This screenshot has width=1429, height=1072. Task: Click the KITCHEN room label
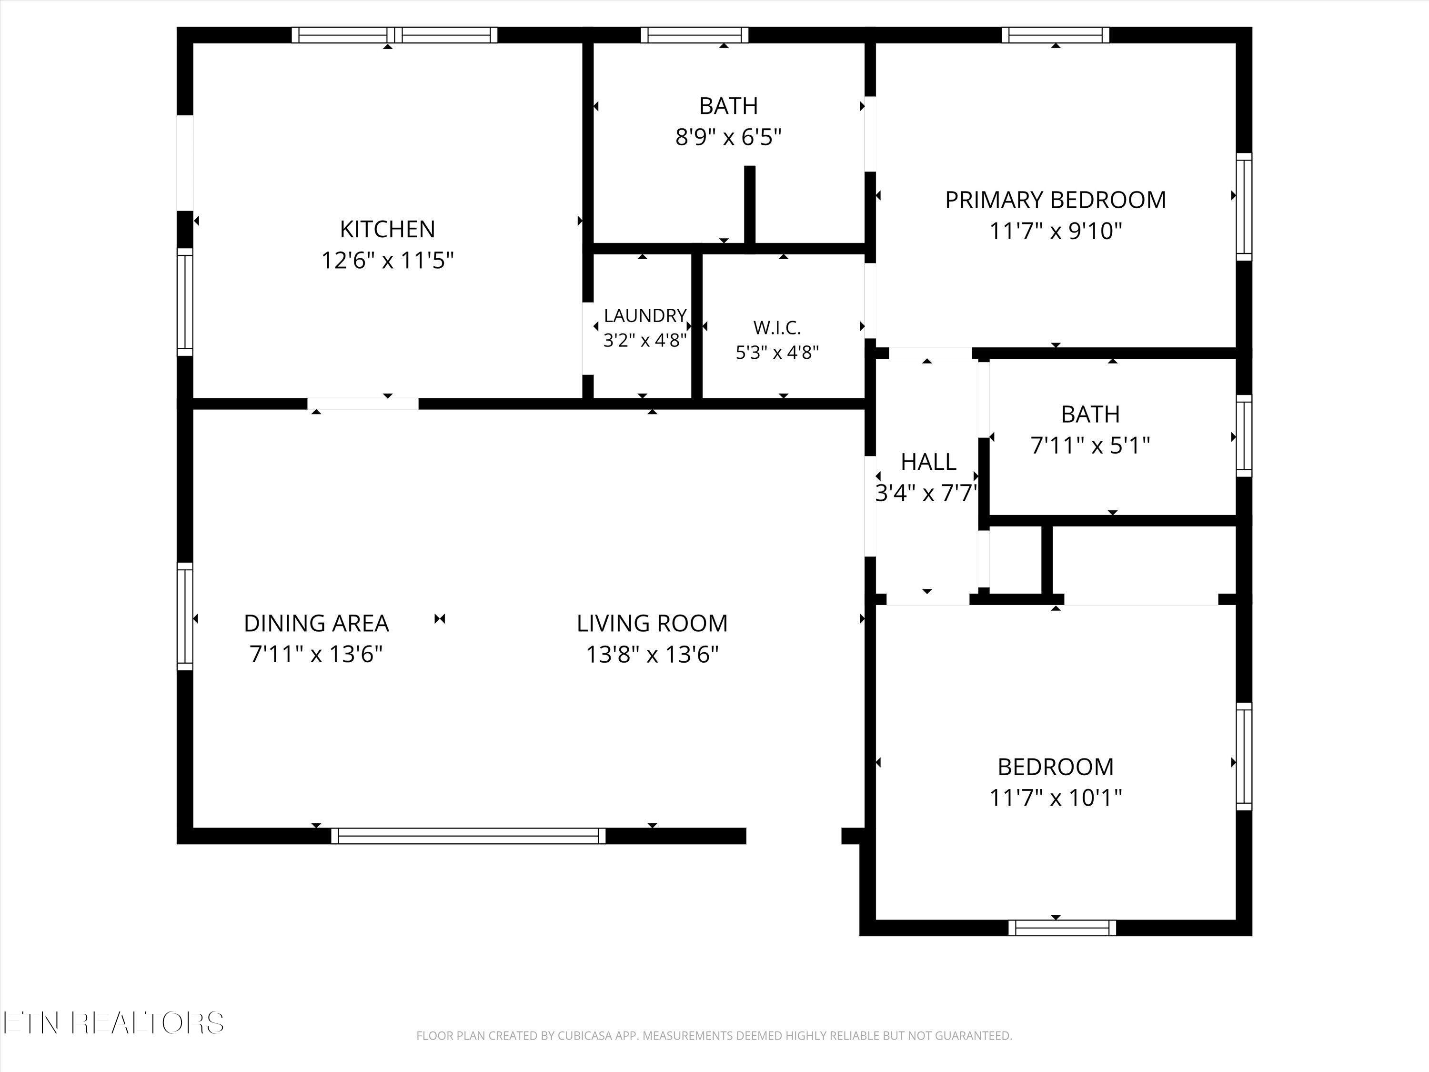point(388,229)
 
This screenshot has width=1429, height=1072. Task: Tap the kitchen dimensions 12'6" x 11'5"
point(388,261)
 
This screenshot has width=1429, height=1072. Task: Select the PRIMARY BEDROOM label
point(1056,200)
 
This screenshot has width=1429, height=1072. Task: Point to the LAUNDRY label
point(645,315)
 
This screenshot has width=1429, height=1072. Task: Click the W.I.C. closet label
point(777,328)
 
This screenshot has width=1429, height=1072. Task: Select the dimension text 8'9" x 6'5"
point(729,137)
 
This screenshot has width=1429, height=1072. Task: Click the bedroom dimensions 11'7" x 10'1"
point(1056,798)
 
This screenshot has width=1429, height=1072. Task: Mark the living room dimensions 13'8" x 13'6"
point(653,655)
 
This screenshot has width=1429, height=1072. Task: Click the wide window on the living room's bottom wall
point(468,836)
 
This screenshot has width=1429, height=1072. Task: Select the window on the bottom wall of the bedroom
point(1062,928)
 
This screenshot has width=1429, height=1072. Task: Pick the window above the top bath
point(694,35)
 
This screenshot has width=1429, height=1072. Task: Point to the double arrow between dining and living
point(440,619)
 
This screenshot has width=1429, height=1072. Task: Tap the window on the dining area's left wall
point(185,616)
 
